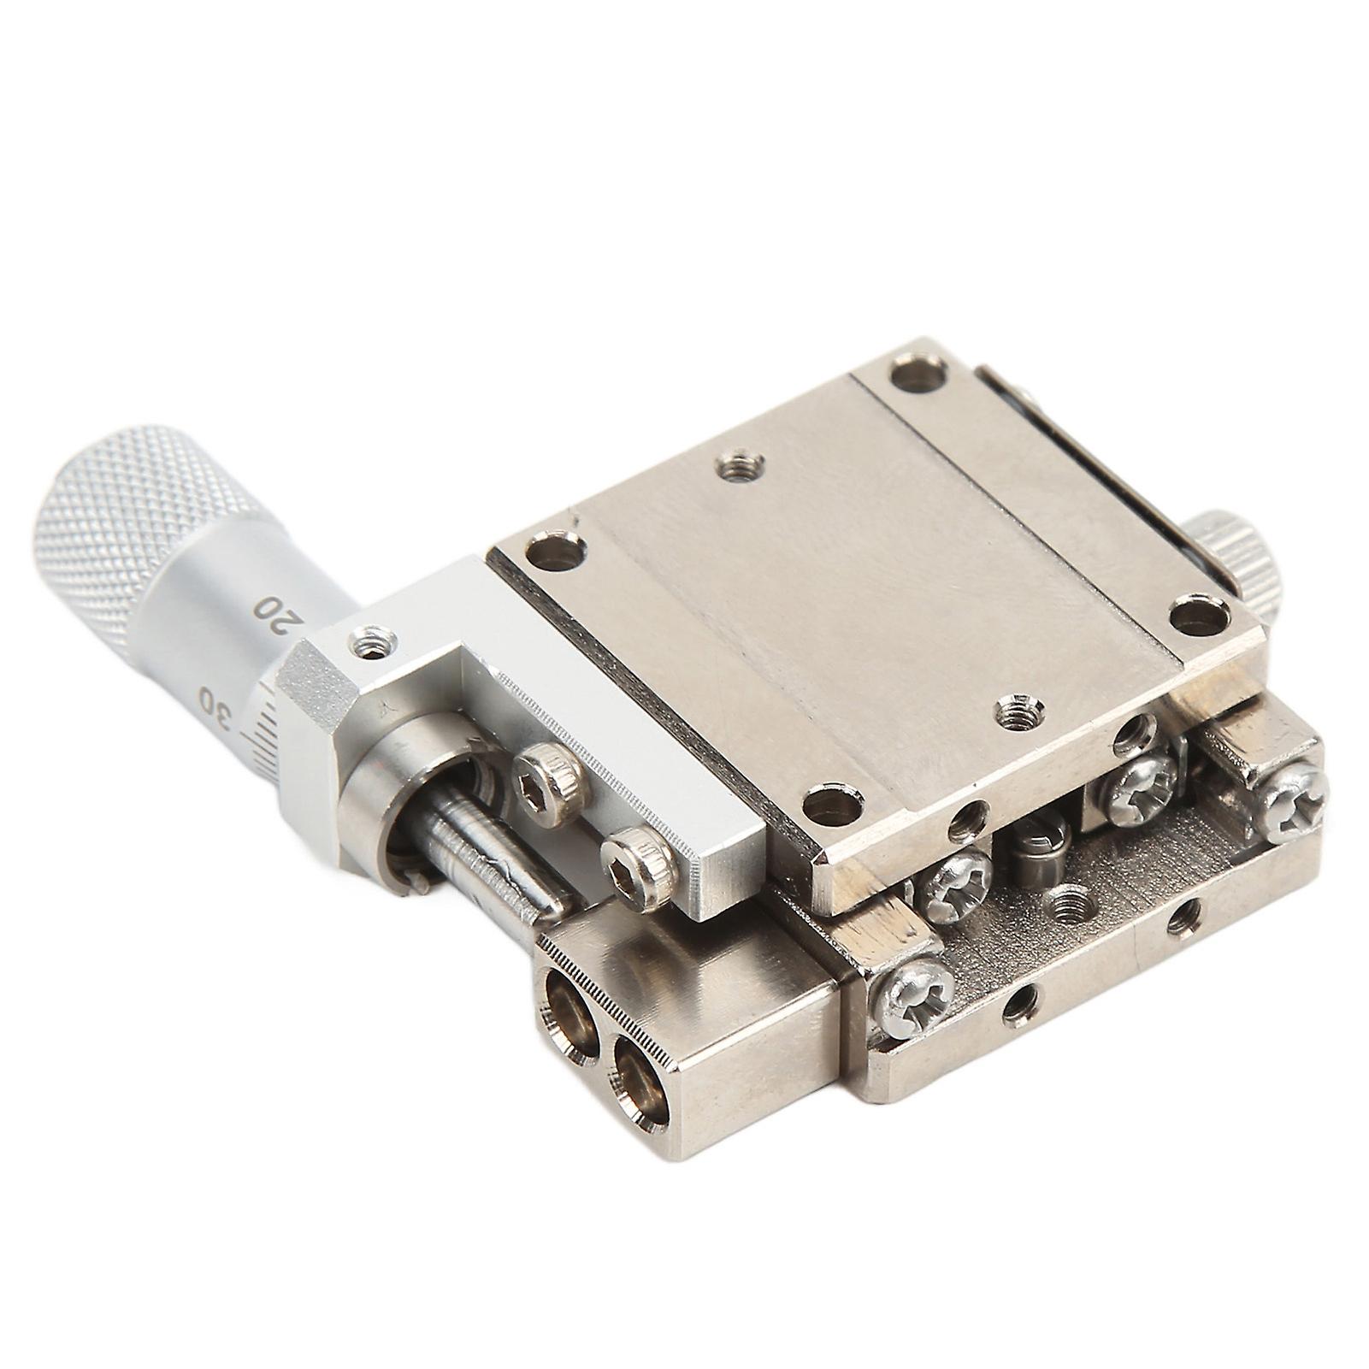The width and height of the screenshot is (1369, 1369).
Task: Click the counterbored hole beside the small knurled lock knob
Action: pos(1197,614)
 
